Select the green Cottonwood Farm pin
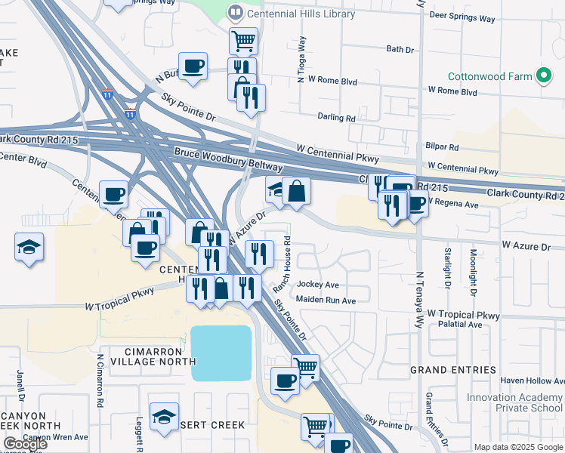542,75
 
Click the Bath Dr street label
400,49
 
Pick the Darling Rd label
336,118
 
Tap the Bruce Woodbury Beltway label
228,159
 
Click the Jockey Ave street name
318,285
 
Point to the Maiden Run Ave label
326,300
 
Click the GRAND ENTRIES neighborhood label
453,370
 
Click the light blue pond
221,353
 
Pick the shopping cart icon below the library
243,40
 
